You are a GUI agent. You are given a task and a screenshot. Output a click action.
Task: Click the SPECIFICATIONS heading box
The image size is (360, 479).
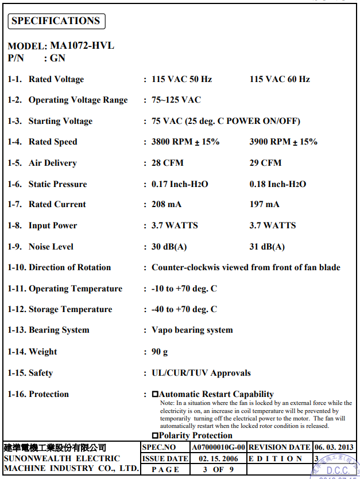pos(56,21)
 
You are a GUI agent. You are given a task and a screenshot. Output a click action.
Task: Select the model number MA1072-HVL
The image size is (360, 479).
pos(82,46)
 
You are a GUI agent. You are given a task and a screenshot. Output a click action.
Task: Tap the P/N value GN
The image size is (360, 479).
pos(57,58)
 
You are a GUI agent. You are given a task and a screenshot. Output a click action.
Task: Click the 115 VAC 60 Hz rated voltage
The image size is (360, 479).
pos(280,79)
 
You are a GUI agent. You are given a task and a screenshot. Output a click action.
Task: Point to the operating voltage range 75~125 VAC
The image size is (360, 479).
pos(176,100)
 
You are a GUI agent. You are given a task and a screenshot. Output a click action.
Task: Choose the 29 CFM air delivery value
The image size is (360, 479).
pos(265,163)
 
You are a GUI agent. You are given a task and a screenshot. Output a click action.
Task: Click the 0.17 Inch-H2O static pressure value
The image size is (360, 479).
pos(180,184)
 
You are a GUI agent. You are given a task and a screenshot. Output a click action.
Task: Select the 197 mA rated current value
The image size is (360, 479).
pos(264,204)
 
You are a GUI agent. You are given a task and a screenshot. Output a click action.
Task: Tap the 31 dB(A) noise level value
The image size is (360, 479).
pos(267,247)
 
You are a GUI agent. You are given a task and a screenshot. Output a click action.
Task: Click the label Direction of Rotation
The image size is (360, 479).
pos(69,267)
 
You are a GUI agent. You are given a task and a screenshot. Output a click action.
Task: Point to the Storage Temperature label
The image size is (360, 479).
pos(70,309)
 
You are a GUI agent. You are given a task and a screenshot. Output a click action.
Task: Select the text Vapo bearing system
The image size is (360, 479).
pos(192,330)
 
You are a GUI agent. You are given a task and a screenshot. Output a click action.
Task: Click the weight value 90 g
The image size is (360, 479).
pos(160,352)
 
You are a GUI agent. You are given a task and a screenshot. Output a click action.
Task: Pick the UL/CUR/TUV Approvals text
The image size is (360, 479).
pos(201,373)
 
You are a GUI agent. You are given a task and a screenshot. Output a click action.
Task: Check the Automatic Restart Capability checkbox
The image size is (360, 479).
pos(155,394)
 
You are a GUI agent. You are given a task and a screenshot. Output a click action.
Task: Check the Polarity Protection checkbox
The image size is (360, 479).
pos(155,435)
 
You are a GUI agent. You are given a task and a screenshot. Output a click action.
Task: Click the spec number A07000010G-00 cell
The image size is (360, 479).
pos(219,447)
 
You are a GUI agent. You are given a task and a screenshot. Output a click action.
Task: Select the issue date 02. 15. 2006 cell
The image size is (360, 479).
pos(219,458)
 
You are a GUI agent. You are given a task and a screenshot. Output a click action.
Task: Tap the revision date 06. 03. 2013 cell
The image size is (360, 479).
pos(334,447)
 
